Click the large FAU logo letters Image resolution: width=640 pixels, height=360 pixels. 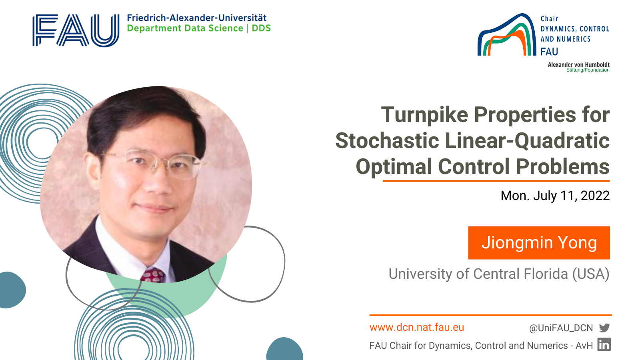(76, 30)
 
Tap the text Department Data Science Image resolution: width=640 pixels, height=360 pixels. (185, 28)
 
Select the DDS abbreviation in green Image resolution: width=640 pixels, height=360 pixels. (261, 28)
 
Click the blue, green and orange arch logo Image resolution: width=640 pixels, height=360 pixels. (507, 34)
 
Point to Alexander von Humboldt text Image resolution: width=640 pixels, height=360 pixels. (578, 64)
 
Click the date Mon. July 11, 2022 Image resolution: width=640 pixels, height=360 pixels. (555, 196)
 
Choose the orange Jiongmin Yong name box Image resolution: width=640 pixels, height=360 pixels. (539, 243)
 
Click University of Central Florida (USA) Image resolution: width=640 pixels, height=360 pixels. (499, 274)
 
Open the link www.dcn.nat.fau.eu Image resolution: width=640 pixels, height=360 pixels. (416, 328)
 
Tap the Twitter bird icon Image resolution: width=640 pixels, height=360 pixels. (604, 328)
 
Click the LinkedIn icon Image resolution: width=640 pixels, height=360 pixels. (604, 344)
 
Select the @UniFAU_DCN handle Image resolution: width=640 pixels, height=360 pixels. (561, 328)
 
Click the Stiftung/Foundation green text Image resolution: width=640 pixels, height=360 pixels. (588, 70)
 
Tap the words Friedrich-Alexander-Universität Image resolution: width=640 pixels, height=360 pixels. (196, 18)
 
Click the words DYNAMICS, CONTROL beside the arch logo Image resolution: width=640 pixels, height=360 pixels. (575, 29)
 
